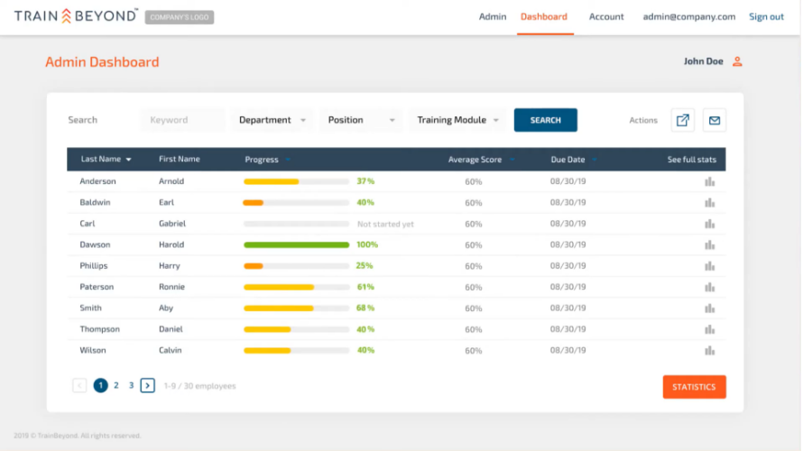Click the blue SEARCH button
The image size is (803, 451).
click(545, 120)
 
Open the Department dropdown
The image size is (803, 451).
click(272, 120)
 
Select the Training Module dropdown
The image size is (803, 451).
click(457, 120)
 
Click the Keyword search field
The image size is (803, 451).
click(182, 120)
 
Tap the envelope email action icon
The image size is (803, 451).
click(715, 120)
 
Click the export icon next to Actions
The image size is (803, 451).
click(683, 120)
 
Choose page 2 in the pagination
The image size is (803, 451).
click(116, 385)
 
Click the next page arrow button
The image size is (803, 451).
click(147, 385)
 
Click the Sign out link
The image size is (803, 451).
click(766, 16)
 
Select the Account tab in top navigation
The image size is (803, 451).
click(606, 16)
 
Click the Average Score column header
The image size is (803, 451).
click(475, 160)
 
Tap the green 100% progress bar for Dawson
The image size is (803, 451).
click(297, 244)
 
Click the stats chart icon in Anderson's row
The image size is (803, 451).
click(709, 181)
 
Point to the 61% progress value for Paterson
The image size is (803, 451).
click(365, 287)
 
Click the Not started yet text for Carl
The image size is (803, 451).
click(385, 224)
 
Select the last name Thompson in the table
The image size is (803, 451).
click(100, 329)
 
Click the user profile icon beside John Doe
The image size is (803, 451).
click(737, 61)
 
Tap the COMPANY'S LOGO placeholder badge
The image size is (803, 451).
click(180, 17)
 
